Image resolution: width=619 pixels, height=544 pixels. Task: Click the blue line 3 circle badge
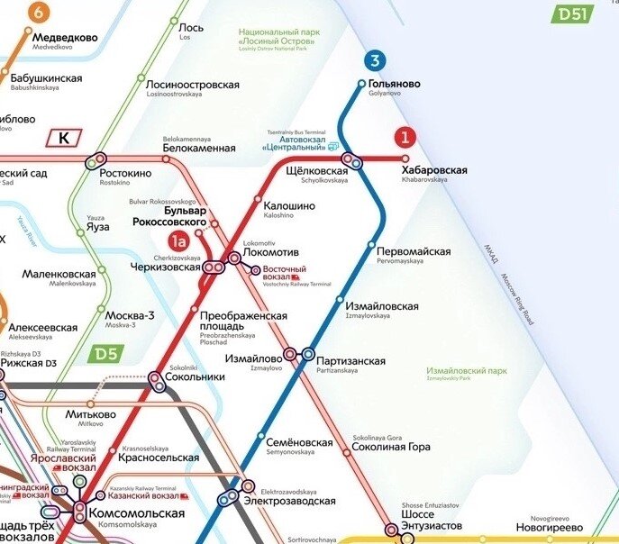pos(375,61)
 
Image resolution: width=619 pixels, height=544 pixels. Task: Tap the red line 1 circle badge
pos(405,137)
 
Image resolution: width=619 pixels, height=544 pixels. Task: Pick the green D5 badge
pos(105,354)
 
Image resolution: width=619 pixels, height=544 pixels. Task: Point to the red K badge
pos(64,138)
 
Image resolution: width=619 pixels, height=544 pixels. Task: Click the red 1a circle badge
pos(179,240)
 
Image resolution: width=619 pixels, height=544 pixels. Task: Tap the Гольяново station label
pos(394,85)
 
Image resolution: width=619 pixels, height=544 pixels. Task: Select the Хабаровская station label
pos(434,170)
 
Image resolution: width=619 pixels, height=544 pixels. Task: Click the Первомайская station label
pos(414,251)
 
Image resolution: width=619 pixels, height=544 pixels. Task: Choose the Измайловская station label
pos(382,306)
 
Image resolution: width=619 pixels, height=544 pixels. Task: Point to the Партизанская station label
pos(351,361)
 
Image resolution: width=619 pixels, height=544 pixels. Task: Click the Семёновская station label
pos(300,442)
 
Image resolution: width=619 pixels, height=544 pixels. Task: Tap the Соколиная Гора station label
pos(391,447)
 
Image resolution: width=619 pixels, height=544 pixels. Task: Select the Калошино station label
pos(289,206)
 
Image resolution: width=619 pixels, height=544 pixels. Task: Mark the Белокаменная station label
pos(198,148)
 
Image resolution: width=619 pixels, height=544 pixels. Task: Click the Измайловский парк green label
pos(468,371)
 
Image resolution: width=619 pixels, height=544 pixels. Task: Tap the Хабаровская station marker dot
pos(405,159)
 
